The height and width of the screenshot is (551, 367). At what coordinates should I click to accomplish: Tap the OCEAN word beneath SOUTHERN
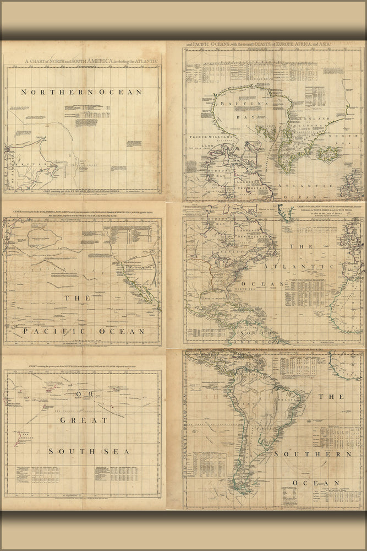(x=311, y=483)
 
